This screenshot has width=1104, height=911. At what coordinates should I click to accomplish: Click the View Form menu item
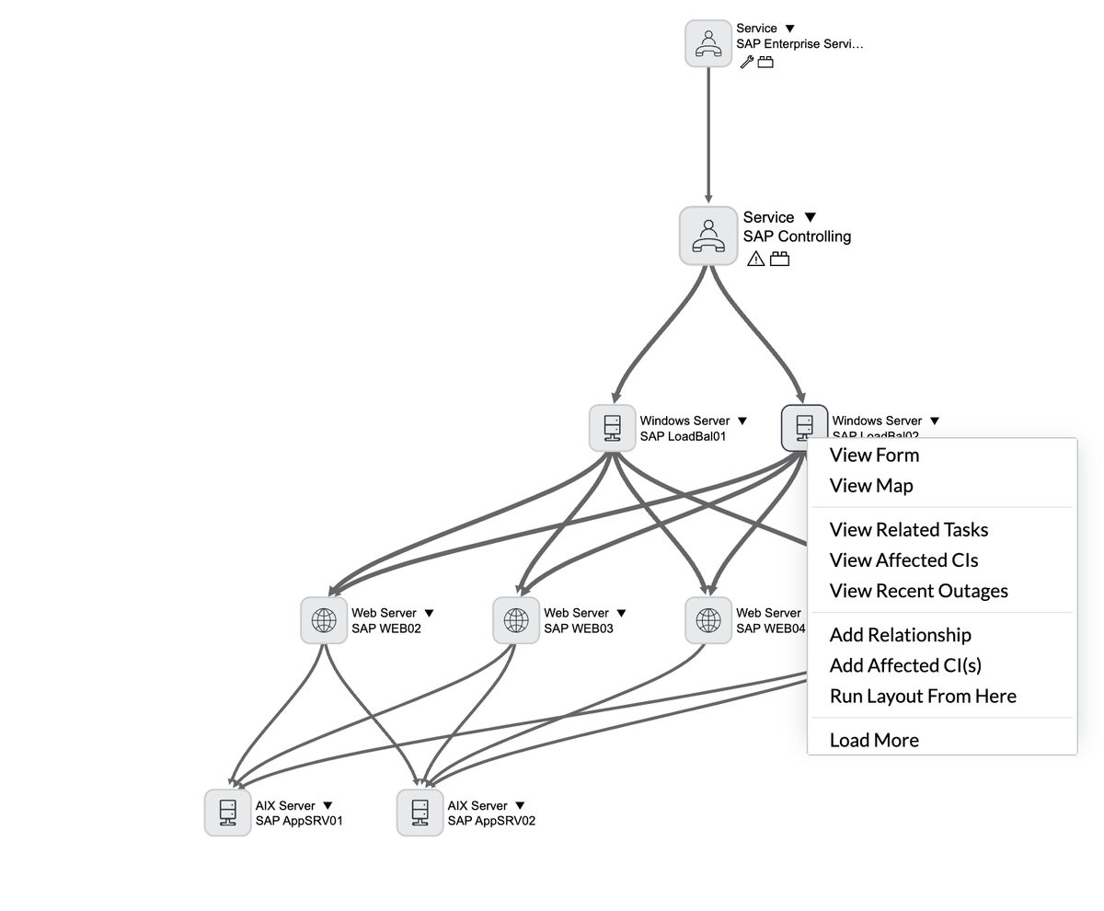[x=874, y=455]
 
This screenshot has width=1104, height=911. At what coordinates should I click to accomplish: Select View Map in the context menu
[x=871, y=486]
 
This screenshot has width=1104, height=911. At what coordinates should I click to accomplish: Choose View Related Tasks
[x=908, y=530]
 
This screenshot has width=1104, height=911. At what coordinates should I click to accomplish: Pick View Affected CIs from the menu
[x=903, y=560]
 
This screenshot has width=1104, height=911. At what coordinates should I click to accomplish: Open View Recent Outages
[x=918, y=591]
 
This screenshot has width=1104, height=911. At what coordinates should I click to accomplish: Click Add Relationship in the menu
[x=900, y=635]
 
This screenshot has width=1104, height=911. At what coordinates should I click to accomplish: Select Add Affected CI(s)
[x=905, y=665]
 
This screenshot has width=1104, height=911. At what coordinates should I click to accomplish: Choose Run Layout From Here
[x=923, y=697]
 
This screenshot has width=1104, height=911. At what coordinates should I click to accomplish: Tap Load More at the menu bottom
[x=874, y=740]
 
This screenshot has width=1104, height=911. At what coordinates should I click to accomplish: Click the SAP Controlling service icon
[x=708, y=236]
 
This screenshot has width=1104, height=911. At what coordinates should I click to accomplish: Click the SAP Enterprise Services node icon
[x=708, y=43]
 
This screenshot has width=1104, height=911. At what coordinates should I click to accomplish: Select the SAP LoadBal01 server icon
[x=613, y=428]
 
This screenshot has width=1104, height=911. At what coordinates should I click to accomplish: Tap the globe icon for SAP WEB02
[x=324, y=620]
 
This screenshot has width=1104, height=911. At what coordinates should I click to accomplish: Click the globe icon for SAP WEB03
[x=516, y=620]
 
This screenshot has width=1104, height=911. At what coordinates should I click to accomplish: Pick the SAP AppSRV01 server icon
[x=227, y=813]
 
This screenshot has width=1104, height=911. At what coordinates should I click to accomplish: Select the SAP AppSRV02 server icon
[x=420, y=813]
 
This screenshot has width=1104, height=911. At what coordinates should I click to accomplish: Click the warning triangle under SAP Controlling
[x=755, y=259]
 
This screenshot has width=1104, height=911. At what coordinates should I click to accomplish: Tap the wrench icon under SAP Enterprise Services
[x=746, y=63]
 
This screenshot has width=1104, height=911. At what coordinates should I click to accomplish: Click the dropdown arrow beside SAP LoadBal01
[x=742, y=421]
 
